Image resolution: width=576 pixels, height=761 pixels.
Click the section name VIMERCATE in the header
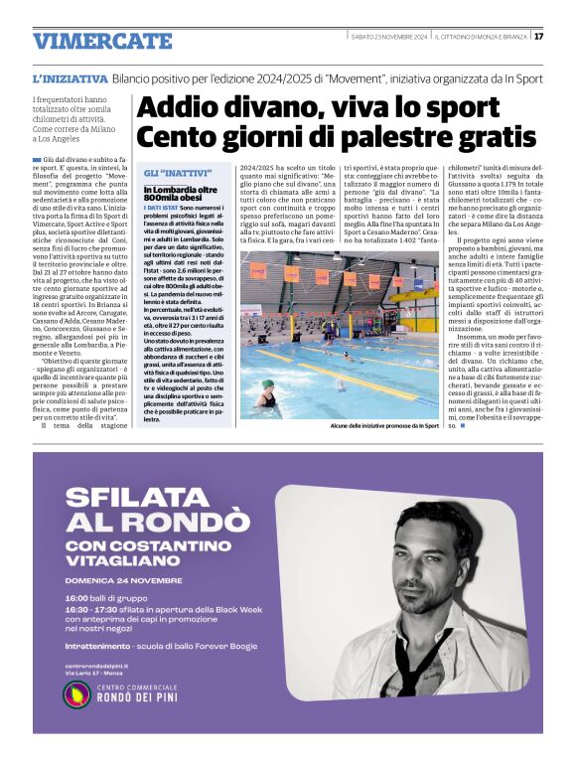pos(102,42)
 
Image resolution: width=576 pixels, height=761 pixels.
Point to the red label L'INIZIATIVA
pos(70,76)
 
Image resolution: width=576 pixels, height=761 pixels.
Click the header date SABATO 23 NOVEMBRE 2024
pos(389,37)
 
